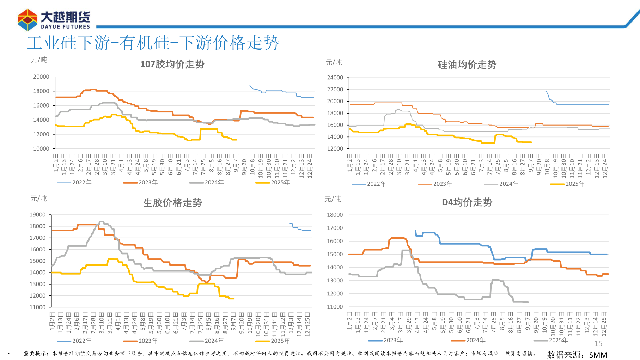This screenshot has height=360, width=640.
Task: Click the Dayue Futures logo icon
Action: coord(28,20)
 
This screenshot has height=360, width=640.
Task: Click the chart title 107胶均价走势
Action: coord(172,64)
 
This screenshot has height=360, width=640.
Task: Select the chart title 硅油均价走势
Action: coord(467,65)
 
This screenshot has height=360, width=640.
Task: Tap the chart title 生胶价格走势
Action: coord(172,203)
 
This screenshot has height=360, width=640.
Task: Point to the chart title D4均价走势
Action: coord(467,202)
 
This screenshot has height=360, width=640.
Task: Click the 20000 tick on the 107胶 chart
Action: coord(41,77)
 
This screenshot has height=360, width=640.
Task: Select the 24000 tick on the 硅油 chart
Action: coord(335,78)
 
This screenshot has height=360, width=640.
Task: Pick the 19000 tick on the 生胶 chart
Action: coord(38,215)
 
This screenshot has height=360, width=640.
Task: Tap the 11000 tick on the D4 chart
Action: coord(335,307)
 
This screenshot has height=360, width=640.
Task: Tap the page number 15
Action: coord(598,343)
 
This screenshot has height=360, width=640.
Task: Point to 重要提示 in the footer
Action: coord(36,353)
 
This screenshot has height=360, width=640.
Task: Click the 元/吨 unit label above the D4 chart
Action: coord(333,199)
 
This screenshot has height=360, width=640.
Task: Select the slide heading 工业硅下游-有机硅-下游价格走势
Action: coord(153,43)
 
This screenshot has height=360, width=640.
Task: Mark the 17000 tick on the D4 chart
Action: coord(335,228)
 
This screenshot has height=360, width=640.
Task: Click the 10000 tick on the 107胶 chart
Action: coord(41,149)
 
